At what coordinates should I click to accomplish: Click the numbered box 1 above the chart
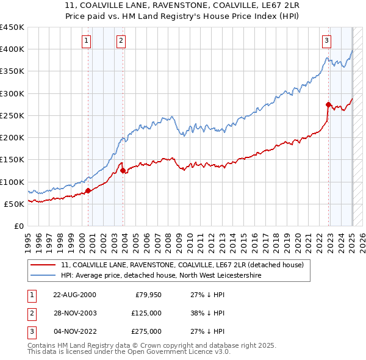(x=87, y=41)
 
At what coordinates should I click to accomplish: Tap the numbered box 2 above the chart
(x=121, y=41)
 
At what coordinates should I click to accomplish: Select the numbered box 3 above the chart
(x=327, y=41)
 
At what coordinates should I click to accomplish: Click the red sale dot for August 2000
(x=88, y=190)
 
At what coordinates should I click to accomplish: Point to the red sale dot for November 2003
(x=123, y=171)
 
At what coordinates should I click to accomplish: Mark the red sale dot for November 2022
(x=329, y=104)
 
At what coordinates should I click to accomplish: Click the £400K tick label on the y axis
(x=12, y=49)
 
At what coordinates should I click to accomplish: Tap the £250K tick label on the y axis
(x=12, y=115)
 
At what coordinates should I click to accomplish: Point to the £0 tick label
(x=20, y=226)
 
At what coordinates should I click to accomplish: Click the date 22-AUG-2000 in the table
(x=74, y=295)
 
